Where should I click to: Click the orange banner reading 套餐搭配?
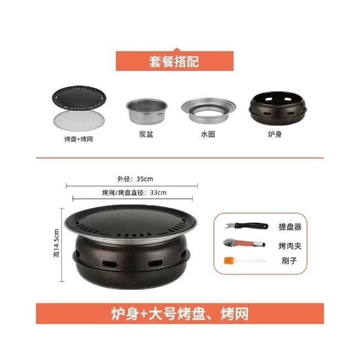[x=175, y=61]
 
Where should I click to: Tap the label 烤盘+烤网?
[x=79, y=139]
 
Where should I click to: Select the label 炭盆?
[x=146, y=134]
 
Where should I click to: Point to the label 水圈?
[x=208, y=134]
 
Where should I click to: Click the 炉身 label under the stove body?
[x=275, y=134]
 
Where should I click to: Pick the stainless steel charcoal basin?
[x=147, y=111]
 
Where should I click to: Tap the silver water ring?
[x=209, y=111]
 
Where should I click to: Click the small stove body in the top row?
[x=278, y=109]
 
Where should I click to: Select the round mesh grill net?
[x=79, y=120]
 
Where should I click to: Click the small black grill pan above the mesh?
[x=79, y=98]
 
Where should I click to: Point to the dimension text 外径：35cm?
[x=135, y=179]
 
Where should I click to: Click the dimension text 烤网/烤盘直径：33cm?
[x=134, y=192]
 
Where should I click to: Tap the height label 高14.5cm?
[x=56, y=243]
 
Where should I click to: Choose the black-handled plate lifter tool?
[x=246, y=226]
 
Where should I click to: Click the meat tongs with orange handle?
[x=244, y=243]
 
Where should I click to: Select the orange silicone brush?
[x=244, y=260]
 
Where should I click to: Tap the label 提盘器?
[x=290, y=227]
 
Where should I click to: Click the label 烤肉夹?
[x=290, y=246]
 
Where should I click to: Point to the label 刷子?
[x=289, y=261]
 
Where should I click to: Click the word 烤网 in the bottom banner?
[x=235, y=314]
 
